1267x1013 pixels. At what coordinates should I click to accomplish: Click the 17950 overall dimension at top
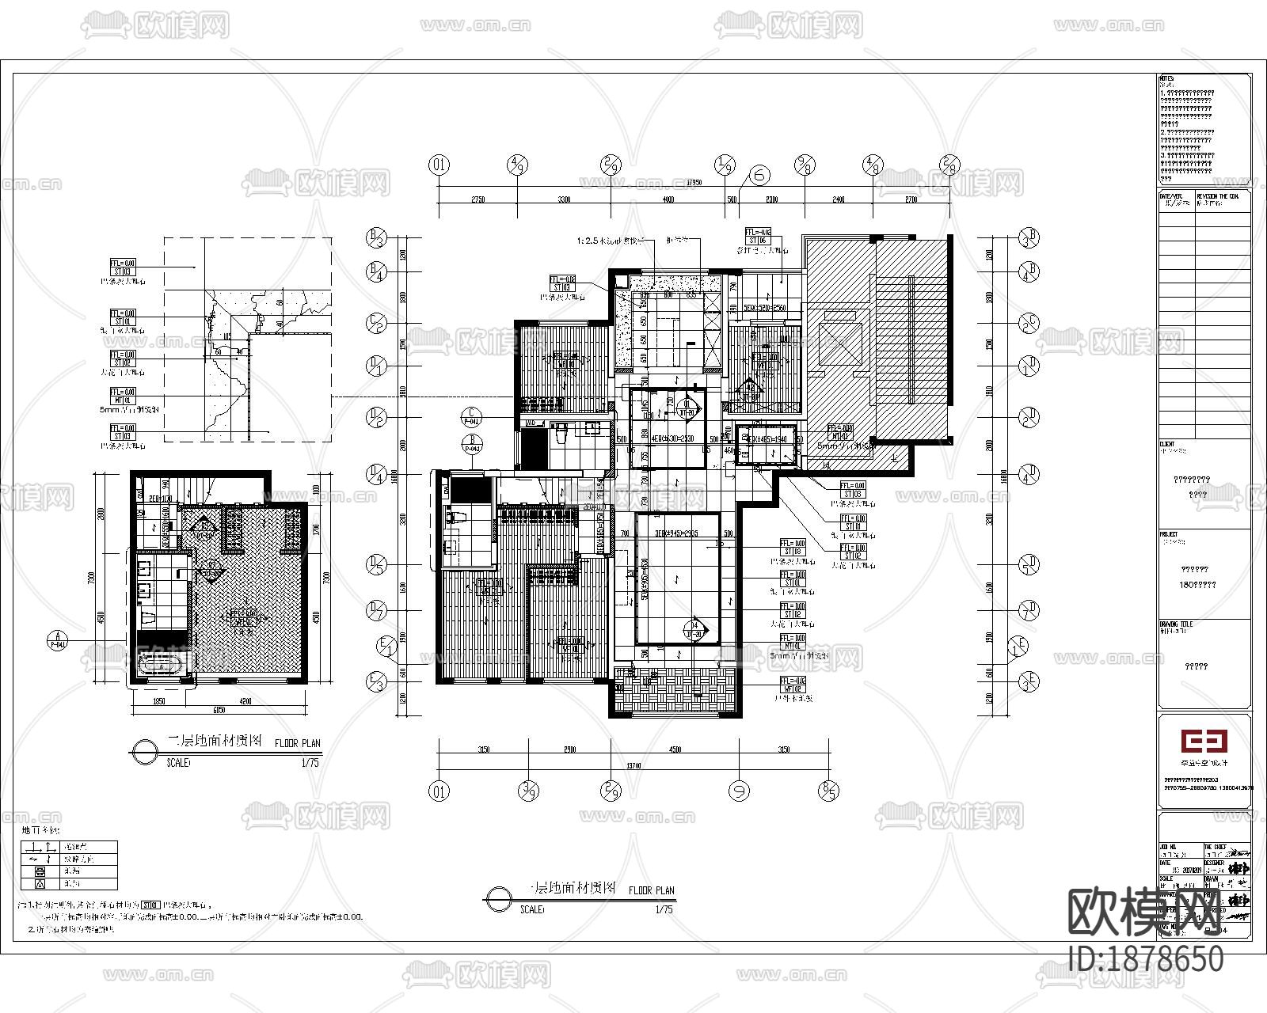[x=694, y=182]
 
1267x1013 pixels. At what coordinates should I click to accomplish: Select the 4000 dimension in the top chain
[x=668, y=200]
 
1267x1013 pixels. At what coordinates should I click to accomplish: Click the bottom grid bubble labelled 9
[x=738, y=791]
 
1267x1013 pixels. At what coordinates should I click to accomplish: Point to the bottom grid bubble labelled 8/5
[x=829, y=791]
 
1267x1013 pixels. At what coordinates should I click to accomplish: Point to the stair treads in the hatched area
[x=911, y=340]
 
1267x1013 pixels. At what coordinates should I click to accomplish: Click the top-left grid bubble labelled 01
[x=439, y=165]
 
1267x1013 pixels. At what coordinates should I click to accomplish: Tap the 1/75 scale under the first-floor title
[x=664, y=910]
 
